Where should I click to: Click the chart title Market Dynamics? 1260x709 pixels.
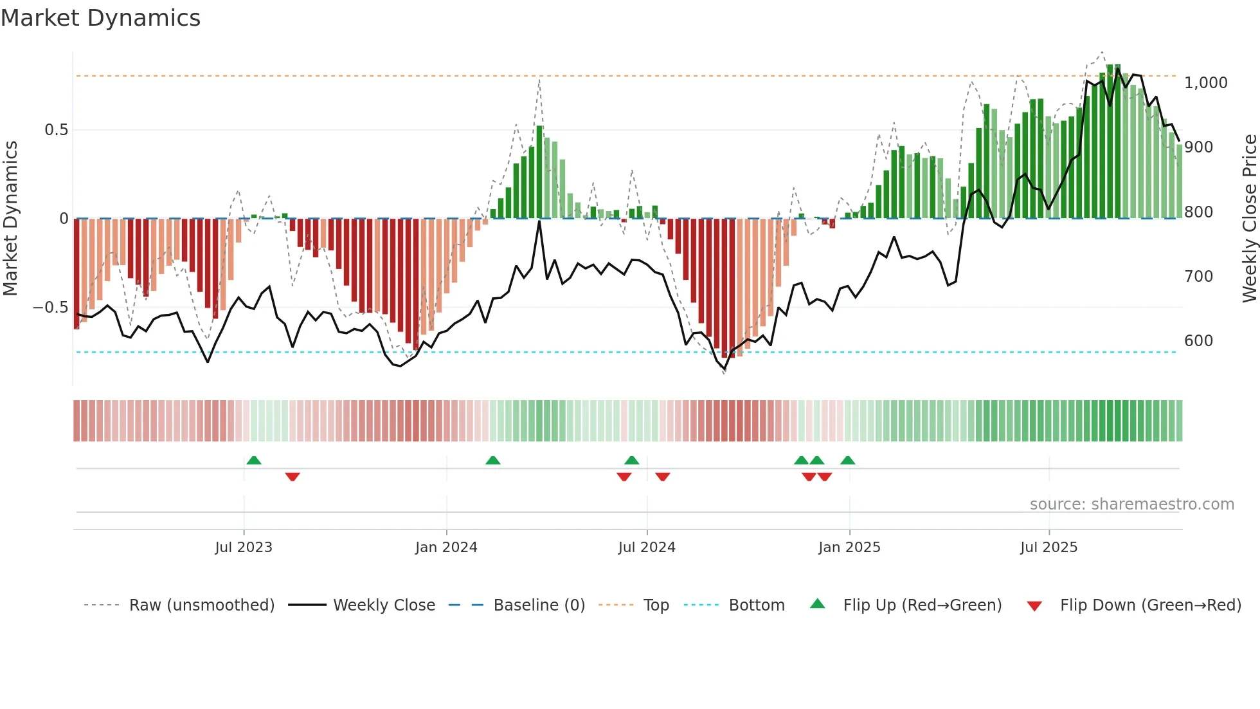coord(101,18)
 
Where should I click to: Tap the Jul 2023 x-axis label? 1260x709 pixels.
coord(244,548)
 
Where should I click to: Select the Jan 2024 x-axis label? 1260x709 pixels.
coord(446,548)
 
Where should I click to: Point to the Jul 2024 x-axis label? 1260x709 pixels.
coord(647,548)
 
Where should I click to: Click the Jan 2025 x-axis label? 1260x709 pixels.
coord(849,548)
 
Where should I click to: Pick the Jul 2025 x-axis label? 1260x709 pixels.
coord(1048,548)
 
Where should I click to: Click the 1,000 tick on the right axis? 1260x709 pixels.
coord(1206,83)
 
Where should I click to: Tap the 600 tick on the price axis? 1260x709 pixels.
coord(1198,341)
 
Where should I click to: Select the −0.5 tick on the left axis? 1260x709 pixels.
coord(51,308)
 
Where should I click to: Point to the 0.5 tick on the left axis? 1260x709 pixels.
coord(56,130)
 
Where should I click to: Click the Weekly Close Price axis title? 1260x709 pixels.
coord(1249,219)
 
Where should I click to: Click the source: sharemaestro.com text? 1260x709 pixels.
coord(1131,504)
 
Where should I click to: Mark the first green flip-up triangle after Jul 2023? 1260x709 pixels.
coord(254,460)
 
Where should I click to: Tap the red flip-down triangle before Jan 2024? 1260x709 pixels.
coord(292,477)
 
